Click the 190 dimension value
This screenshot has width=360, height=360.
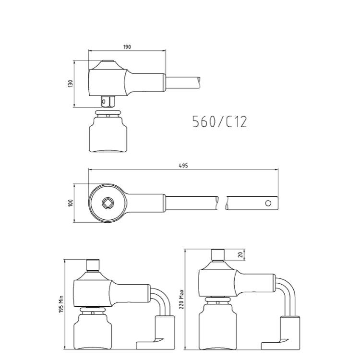127,47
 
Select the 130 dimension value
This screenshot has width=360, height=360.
70,84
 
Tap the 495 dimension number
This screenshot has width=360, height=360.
183,166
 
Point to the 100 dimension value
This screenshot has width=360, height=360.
70,203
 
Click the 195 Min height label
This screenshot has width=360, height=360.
61,304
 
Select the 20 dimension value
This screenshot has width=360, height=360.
240,254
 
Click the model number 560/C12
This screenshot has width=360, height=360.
219,121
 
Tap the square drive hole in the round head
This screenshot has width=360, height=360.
107,203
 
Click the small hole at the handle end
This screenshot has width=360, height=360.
268,203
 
